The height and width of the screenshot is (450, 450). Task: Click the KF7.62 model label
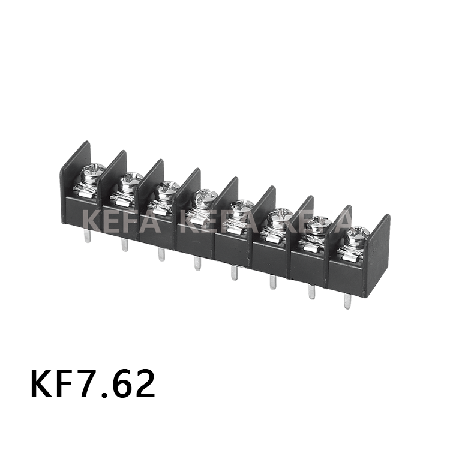93,385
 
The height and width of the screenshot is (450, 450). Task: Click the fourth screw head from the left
205,196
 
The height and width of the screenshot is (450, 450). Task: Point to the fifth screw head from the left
242,206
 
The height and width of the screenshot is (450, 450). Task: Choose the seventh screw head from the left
319,224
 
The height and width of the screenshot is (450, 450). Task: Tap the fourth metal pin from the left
197,262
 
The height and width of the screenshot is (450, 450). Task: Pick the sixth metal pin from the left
272,281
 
